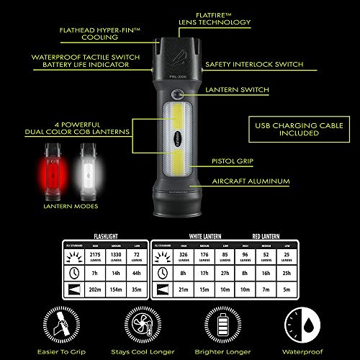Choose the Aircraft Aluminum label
(x=251, y=183)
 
